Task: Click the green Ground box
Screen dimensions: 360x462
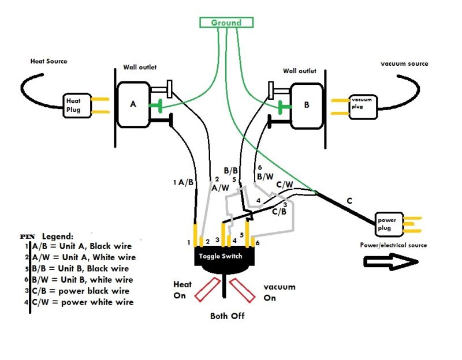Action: click(x=226, y=22)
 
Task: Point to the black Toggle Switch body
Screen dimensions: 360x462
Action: click(x=225, y=258)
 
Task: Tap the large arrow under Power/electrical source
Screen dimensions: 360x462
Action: click(x=390, y=262)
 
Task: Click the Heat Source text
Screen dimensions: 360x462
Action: click(x=49, y=61)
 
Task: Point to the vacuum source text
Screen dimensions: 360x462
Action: click(x=404, y=63)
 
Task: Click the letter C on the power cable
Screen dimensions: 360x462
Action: click(x=349, y=201)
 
